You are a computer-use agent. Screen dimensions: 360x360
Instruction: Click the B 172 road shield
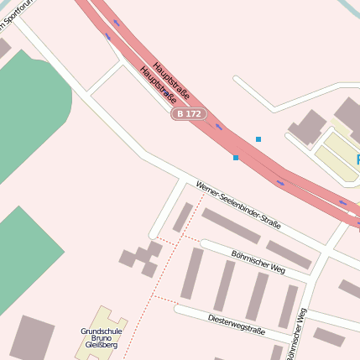coord(189,113)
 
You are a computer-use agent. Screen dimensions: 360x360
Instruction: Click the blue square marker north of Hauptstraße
coord(258,139)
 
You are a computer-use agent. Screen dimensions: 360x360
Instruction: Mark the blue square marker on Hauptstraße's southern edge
coord(236,158)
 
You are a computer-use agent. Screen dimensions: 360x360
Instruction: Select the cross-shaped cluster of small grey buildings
coord(142,258)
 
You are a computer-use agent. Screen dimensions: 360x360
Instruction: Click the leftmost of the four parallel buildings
coord(192,274)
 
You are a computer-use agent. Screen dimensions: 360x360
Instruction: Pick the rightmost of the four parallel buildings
coord(289,305)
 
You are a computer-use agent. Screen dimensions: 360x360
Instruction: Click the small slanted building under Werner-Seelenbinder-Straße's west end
coord(183,217)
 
